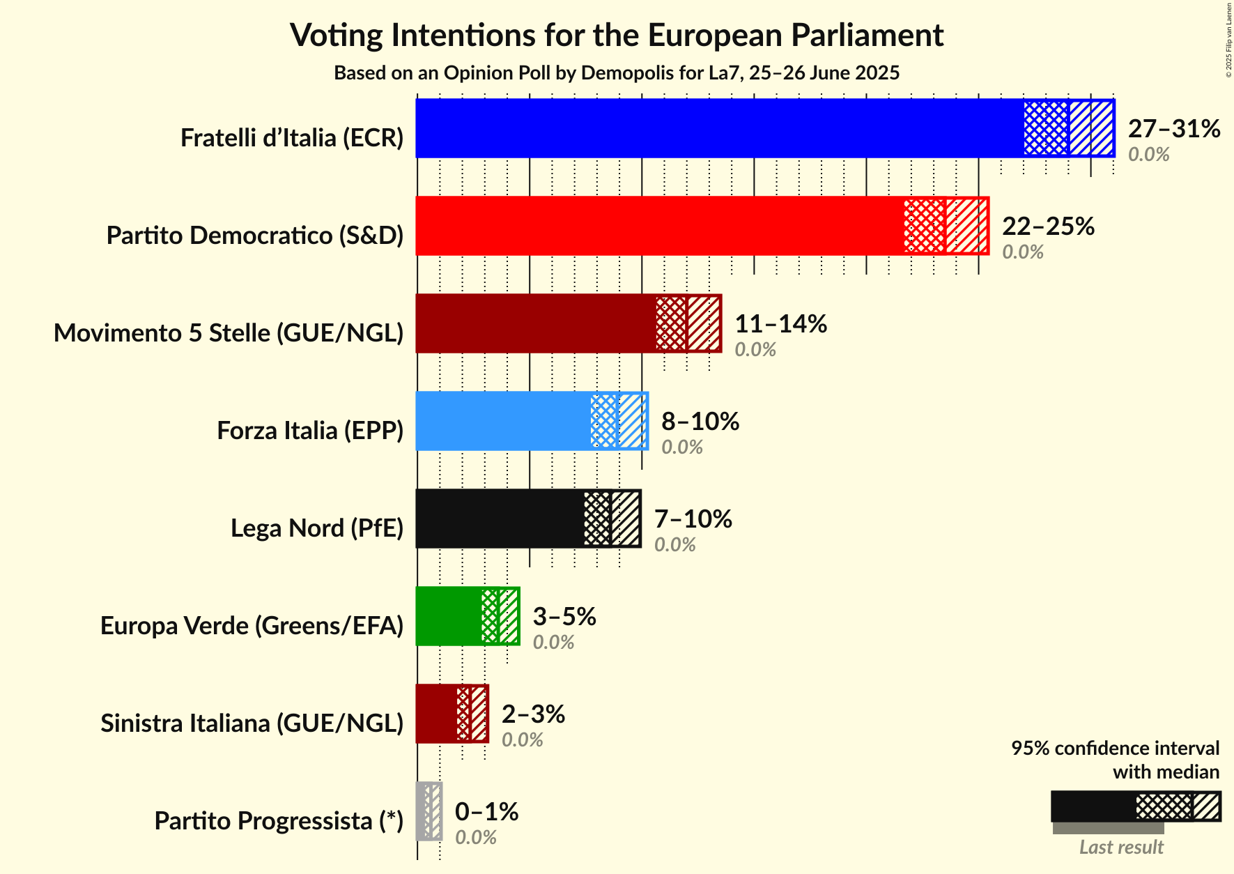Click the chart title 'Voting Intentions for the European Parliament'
tap(617, 35)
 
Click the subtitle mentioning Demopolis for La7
tap(617, 73)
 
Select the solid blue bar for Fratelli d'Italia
tap(718, 128)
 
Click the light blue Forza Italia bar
tap(502, 421)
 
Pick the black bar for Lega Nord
tap(499, 519)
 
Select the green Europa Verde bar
tap(448, 616)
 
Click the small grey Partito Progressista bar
tap(422, 811)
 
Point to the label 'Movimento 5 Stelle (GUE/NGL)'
tap(229, 333)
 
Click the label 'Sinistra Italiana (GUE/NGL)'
tap(252, 723)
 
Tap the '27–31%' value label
tap(1174, 129)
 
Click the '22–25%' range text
tap(1048, 227)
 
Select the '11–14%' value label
tap(780, 324)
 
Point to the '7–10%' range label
tap(693, 519)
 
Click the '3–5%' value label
tap(564, 617)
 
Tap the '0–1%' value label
tap(486, 812)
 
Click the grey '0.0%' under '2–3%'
tap(522, 739)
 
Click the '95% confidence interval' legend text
tap(1115, 749)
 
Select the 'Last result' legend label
tap(1121, 848)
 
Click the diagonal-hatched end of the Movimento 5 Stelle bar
tap(704, 323)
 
